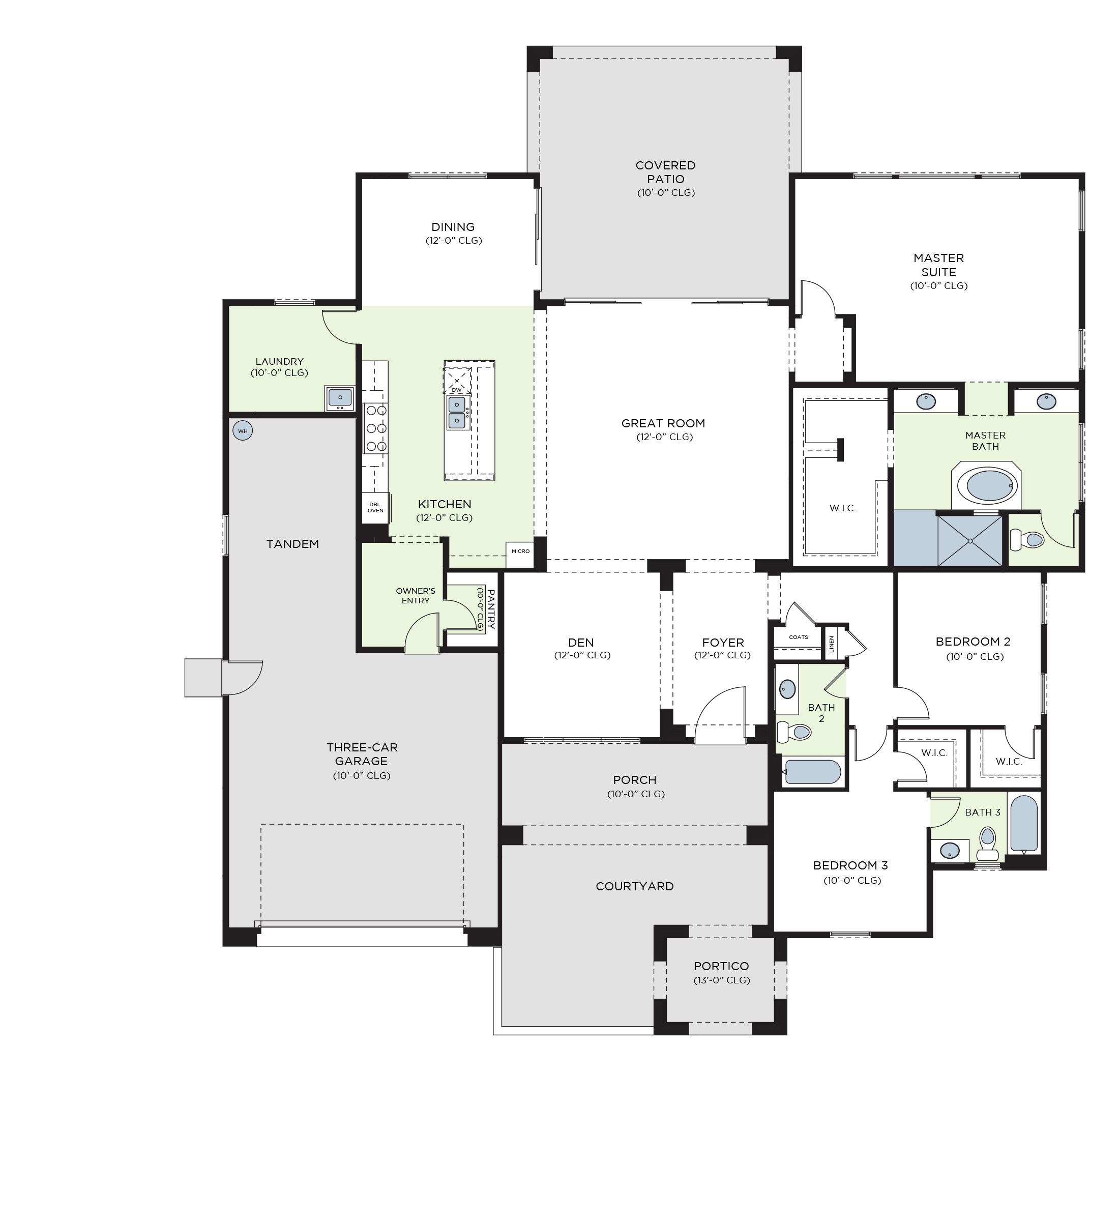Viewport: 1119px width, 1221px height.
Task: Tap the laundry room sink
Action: [x=340, y=397]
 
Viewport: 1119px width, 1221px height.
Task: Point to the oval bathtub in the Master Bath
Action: [x=989, y=486]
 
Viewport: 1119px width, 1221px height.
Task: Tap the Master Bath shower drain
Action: [x=970, y=540]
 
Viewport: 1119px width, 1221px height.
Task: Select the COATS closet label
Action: [x=799, y=637]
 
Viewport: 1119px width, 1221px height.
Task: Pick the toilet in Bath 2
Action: [x=794, y=732]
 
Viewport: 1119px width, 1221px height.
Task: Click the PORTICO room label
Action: [x=721, y=966]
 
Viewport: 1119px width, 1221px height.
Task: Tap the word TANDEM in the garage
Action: [x=292, y=544]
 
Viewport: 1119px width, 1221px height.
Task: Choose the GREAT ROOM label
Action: [x=663, y=423]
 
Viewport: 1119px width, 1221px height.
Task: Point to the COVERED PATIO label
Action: [x=665, y=172]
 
